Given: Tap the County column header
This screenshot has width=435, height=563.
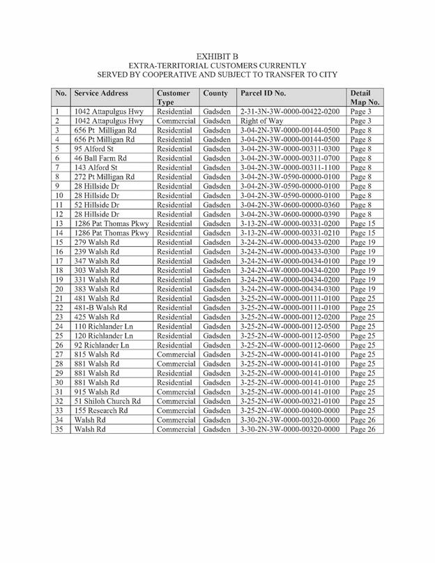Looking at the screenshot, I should pyautogui.click(x=216, y=93).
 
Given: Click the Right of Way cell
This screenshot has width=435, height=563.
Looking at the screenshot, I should pyautogui.click(x=261, y=121).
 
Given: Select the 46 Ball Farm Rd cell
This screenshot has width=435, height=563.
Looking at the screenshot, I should pyautogui.click(x=103, y=158).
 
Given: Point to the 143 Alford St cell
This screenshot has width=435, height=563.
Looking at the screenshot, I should pyautogui.click(x=98, y=167).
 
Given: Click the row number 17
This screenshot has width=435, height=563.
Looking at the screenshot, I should pyautogui.click(x=59, y=261).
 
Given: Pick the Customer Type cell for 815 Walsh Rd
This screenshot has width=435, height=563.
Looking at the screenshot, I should pyautogui.click(x=176, y=354).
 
